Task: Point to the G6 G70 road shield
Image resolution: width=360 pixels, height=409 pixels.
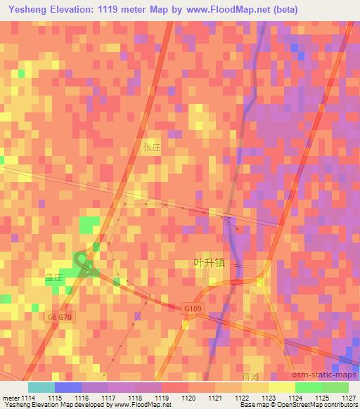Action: pyautogui.click(x=60, y=317)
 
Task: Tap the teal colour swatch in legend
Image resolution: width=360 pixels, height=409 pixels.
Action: pyautogui.click(x=41, y=387)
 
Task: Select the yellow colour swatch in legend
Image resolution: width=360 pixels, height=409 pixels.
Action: pyautogui.click(x=281, y=387)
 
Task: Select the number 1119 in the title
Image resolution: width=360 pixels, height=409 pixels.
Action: pyautogui.click(x=124, y=9)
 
